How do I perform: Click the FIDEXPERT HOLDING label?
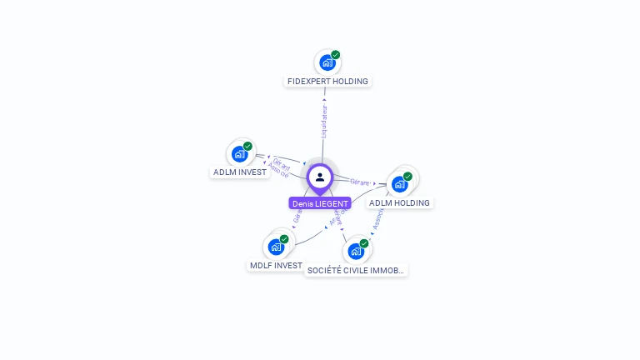pyautogui.click(x=327, y=81)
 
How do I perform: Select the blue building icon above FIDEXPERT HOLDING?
pyautogui.click(x=327, y=62)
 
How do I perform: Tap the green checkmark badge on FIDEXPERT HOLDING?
pyautogui.click(x=335, y=55)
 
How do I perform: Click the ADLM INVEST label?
pyautogui.click(x=240, y=172)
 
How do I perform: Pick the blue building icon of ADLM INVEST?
pyautogui.click(x=240, y=154)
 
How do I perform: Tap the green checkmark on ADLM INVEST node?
pyautogui.click(x=247, y=147)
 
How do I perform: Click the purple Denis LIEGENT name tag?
pyautogui.click(x=320, y=203)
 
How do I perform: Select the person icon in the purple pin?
pyautogui.click(x=320, y=177)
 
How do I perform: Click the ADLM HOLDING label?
pyautogui.click(x=400, y=202)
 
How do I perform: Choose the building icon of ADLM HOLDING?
pyautogui.click(x=400, y=184)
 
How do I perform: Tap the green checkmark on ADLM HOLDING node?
pyautogui.click(x=407, y=177)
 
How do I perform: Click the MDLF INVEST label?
pyautogui.click(x=276, y=265)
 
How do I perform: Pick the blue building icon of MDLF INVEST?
pyautogui.click(x=276, y=247)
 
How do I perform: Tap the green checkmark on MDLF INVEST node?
pyautogui.click(x=284, y=239)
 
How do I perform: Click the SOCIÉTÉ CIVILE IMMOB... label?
pyautogui.click(x=356, y=270)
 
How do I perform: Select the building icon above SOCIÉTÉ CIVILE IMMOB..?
pyautogui.click(x=356, y=251)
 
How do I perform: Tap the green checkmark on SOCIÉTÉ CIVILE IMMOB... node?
pyautogui.click(x=364, y=243)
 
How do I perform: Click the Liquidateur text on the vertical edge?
pyautogui.click(x=324, y=122)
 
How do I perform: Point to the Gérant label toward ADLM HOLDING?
pyautogui.click(x=360, y=182)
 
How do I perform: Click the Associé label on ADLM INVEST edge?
pyautogui.click(x=278, y=171)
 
